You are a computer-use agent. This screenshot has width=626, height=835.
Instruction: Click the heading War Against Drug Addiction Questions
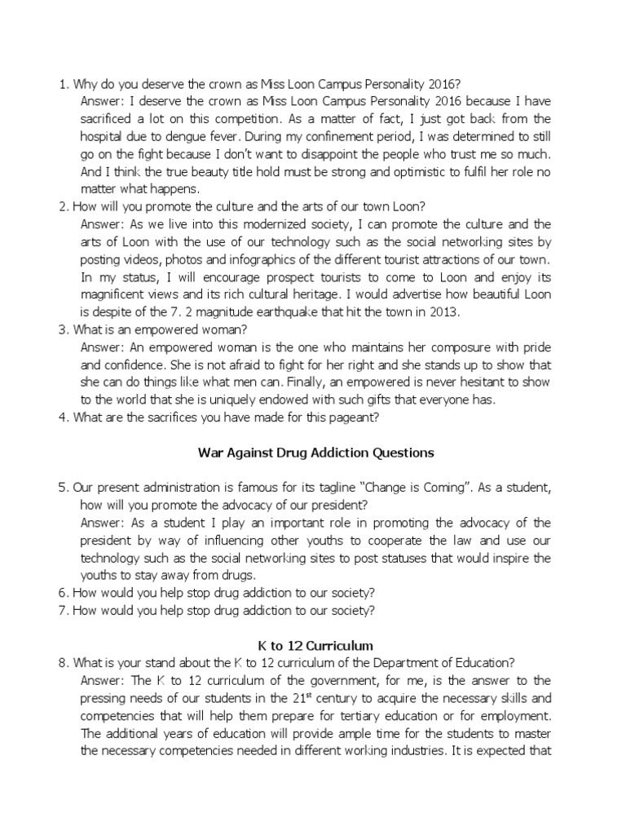(x=315, y=452)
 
